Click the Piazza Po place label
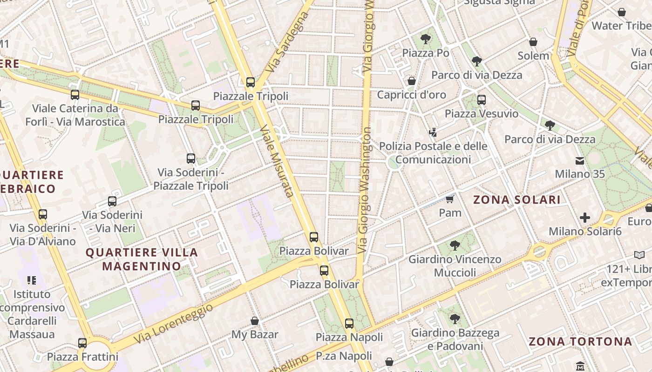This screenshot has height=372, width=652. tap(426, 53)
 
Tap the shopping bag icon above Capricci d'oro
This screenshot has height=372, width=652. tap(412, 81)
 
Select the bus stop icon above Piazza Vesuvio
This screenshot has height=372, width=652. tap(482, 100)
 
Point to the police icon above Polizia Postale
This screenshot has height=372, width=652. tap(433, 132)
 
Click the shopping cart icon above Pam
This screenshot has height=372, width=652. tap(449, 199)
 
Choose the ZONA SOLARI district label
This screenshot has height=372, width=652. tap(517, 200)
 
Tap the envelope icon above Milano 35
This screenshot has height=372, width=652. tap(580, 161)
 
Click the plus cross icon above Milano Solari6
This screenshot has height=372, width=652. tap(585, 218)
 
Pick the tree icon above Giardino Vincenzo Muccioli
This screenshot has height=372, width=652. tap(455, 245)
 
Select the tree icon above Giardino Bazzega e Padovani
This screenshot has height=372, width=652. tap(455, 319)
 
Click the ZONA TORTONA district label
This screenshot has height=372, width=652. tap(580, 342)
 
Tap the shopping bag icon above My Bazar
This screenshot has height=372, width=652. tap(255, 321)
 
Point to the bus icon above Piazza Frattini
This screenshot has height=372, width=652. tap(82, 343)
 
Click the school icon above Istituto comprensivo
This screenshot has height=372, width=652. tap(32, 280)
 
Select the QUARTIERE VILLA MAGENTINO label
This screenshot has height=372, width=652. tap(142, 259)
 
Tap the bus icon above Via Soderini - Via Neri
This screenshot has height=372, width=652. tap(112, 201)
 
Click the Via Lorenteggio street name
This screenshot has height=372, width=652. tap(173, 324)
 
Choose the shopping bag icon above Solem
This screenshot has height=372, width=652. tap(533, 42)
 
